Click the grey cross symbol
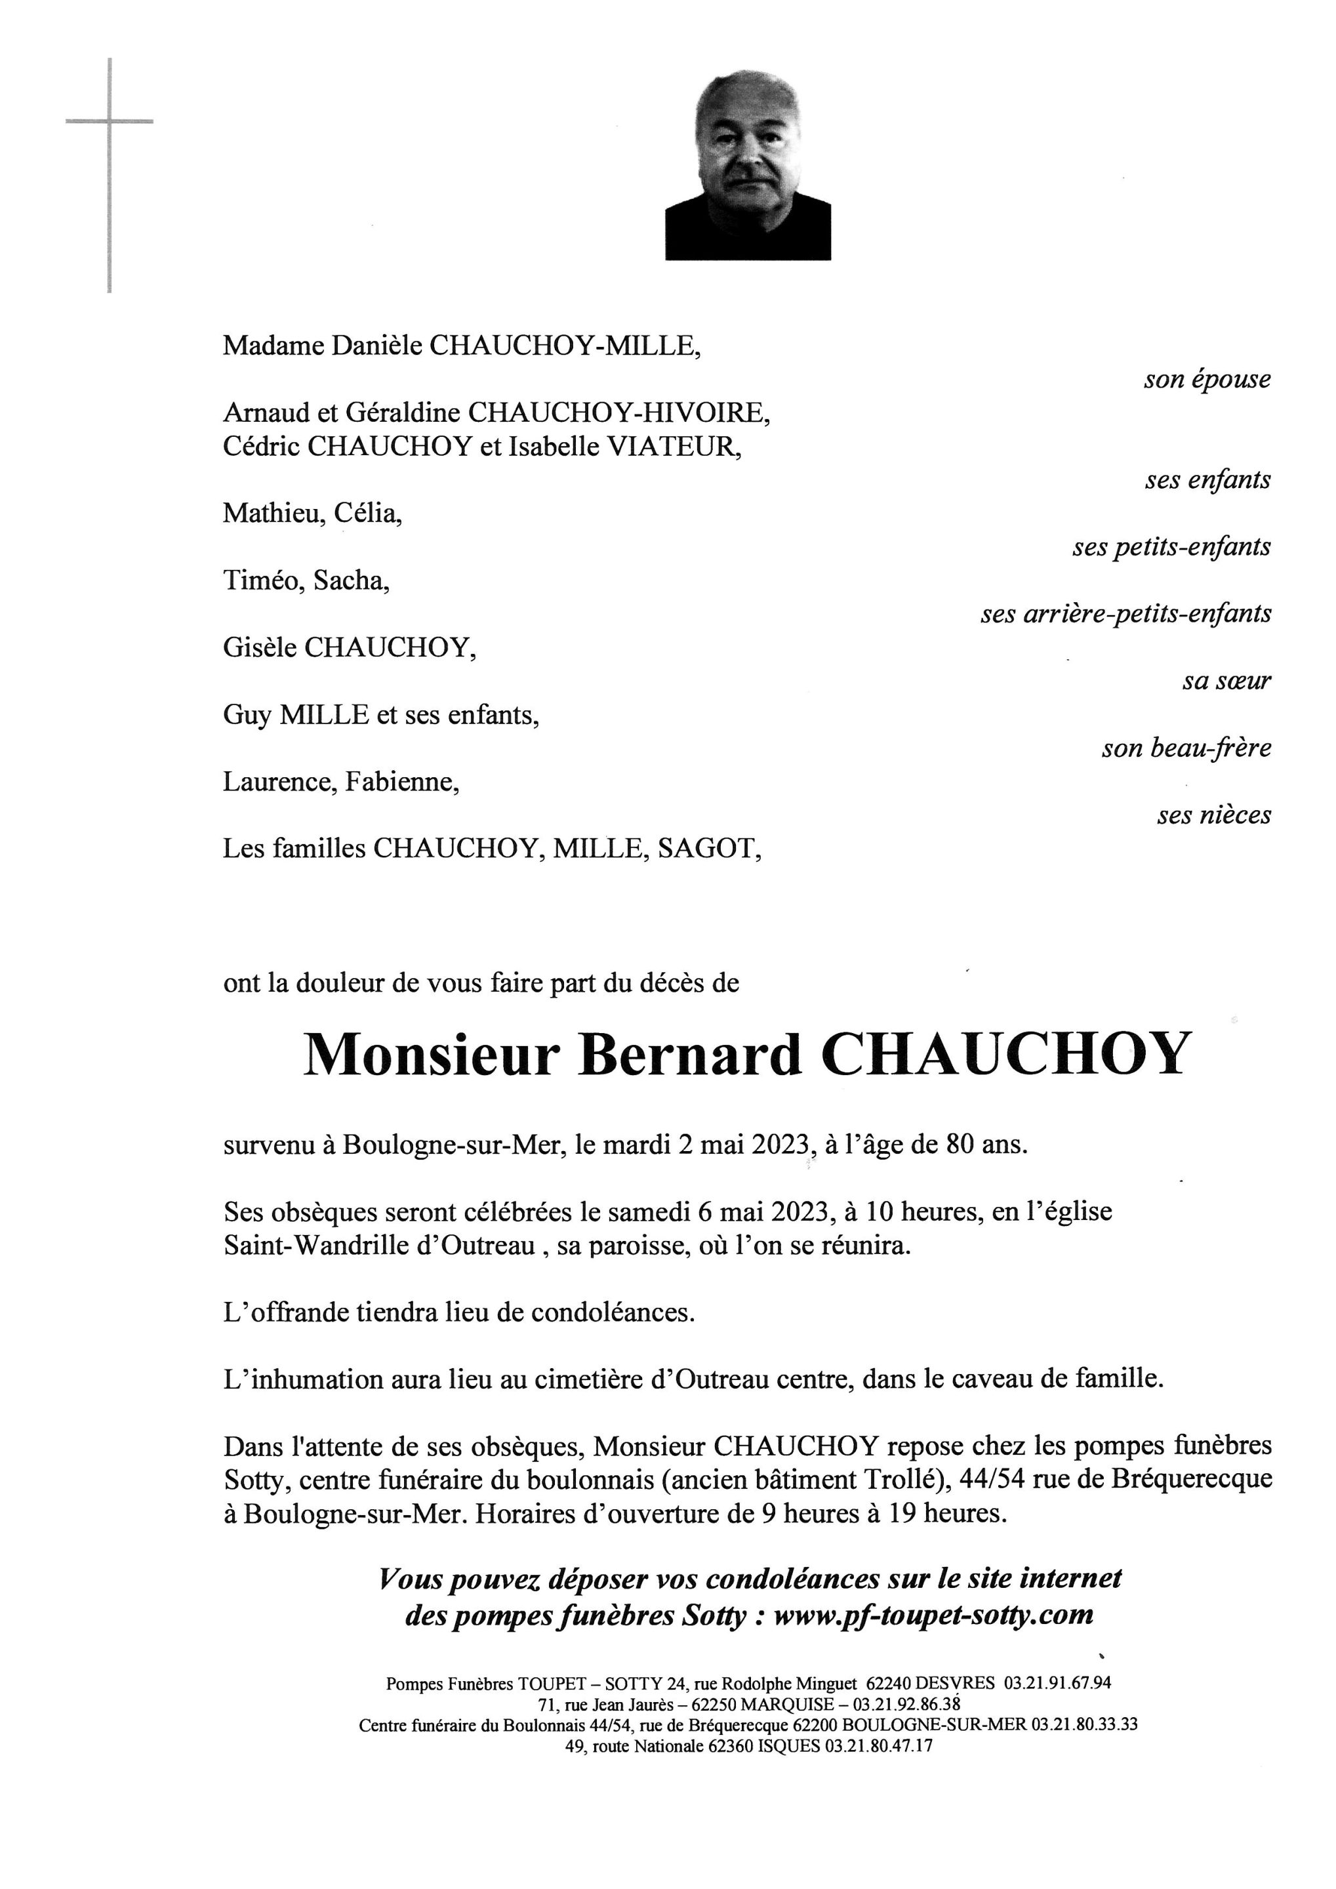pyautogui.click(x=110, y=123)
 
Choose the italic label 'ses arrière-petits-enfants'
pyautogui.click(x=1125, y=615)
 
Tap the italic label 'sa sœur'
pyautogui.click(x=1226, y=682)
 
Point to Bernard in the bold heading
pyautogui.click(x=689, y=1055)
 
